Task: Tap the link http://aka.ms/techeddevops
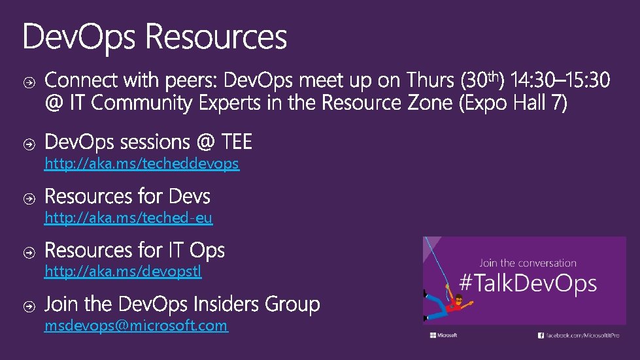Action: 141,164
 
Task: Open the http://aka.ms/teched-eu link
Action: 128,218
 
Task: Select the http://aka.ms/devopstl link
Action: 123,271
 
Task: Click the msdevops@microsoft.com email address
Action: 136,325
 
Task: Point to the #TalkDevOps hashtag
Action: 528,284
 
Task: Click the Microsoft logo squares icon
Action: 433,335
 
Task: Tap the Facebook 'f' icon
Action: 541,335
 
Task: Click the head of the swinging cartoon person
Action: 458,300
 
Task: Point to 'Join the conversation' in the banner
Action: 528,263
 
